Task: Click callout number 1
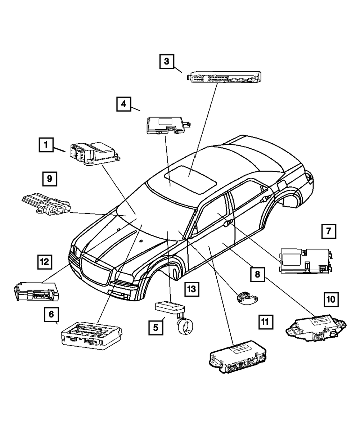pos(46,145)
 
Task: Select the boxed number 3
pos(166,61)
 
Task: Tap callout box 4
pos(123,104)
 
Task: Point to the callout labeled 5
pos(156,328)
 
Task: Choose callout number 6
pos(51,314)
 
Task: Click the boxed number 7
pos(328,231)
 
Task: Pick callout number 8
pos(257,274)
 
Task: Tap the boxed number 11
pos(265,321)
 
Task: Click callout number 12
pos(45,262)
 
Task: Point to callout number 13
pos(192,289)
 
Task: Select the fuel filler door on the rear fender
pos(281,185)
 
